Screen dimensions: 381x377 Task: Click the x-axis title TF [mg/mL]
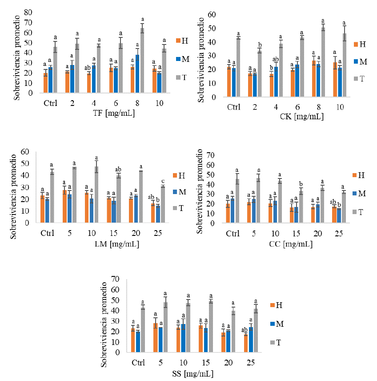(108, 113)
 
